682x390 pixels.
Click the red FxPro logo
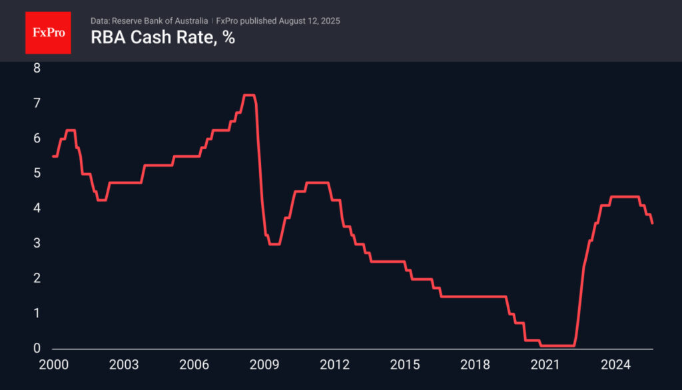tap(48, 32)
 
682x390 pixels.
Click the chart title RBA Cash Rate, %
tap(163, 38)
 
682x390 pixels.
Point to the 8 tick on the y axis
tap(37, 68)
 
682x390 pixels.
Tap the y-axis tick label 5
tap(37, 173)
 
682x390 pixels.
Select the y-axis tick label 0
tap(37, 349)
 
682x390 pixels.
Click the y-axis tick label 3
tap(37, 244)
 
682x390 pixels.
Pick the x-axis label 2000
tap(53, 365)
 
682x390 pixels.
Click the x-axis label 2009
tap(264, 365)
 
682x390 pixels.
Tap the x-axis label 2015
tap(404, 365)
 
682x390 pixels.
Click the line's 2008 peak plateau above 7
tap(249, 95)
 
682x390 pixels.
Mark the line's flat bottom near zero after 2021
tap(558, 345)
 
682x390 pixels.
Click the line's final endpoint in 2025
tap(652, 223)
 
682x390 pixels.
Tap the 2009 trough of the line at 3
tap(274, 244)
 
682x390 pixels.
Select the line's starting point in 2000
tap(53, 156)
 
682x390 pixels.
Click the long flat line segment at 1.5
tap(473, 296)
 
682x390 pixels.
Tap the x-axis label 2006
tap(193, 365)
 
